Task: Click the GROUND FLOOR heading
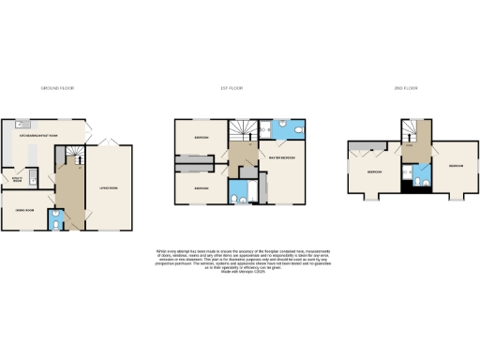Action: [x=57, y=87]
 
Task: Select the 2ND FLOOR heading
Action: [x=405, y=87]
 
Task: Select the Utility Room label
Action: [x=17, y=178]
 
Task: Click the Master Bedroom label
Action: [x=282, y=158]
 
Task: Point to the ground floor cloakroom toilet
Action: [x=58, y=221]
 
